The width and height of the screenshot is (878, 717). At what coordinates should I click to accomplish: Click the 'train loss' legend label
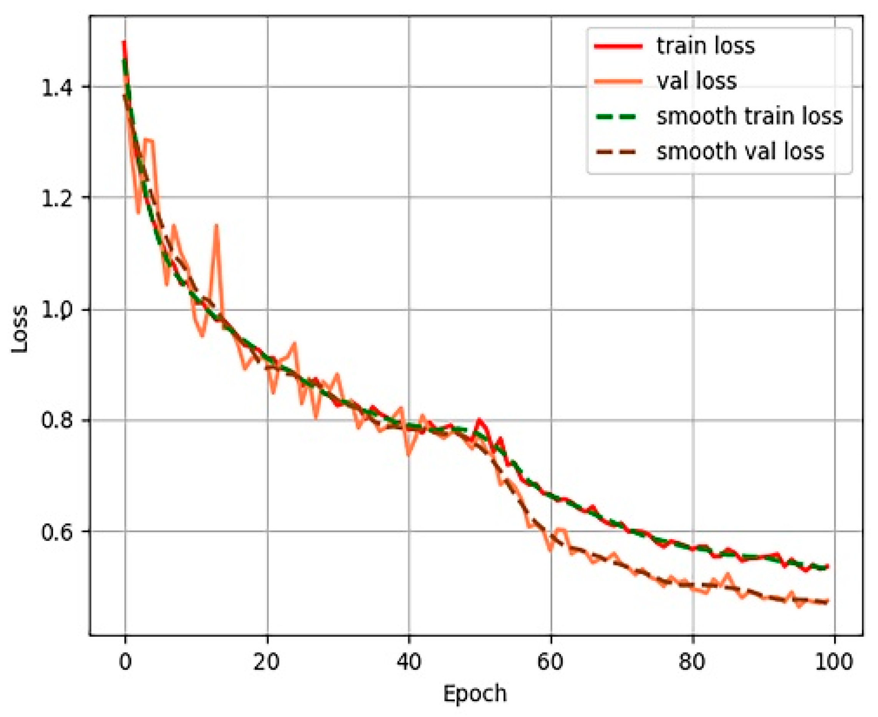(706, 46)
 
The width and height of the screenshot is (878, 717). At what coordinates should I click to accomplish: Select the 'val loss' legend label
(696, 81)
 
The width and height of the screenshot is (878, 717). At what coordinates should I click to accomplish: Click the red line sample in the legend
(618, 46)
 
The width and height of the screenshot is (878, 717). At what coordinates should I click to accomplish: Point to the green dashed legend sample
(618, 116)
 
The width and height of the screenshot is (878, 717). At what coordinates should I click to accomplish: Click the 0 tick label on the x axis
(125, 661)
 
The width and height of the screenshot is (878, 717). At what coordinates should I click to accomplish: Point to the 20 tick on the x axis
(267, 661)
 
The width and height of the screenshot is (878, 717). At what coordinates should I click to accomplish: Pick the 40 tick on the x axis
(409, 661)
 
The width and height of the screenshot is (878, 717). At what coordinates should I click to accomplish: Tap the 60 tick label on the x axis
(551, 661)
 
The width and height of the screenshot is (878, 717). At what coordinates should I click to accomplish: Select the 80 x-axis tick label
(692, 661)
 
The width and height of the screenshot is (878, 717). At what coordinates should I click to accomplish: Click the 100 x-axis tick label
(834, 661)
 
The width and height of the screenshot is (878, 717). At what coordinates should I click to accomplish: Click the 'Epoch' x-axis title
(475, 694)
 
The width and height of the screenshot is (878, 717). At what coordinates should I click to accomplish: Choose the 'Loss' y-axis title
(20, 329)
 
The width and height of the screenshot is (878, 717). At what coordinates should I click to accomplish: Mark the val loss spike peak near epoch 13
(216, 226)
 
